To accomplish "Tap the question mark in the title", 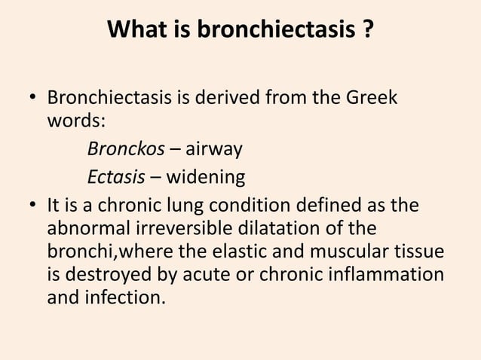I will click(x=367, y=32).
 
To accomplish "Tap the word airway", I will click(x=215, y=150).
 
